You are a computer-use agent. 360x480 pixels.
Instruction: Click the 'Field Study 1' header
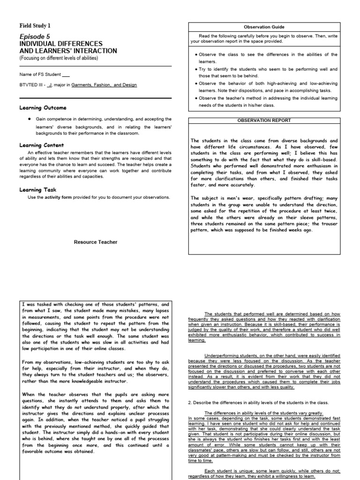pos(35,25)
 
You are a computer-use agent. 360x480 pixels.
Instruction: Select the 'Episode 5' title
pos(34,36)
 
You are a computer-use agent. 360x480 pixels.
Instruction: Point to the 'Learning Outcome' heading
pos(43,108)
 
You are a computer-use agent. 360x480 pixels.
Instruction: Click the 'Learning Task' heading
pos(38,190)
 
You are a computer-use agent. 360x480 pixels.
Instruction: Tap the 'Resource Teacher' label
pos(96,242)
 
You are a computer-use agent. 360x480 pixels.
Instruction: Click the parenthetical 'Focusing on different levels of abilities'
pos(59,58)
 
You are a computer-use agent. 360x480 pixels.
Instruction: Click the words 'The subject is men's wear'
pos(220,198)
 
